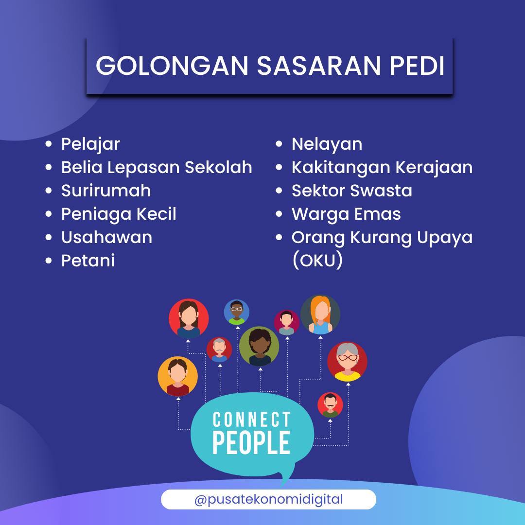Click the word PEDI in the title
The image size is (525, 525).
point(417,65)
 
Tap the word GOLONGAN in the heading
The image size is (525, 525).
point(172,65)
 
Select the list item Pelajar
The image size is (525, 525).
point(90,145)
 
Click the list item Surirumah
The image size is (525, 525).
point(106,191)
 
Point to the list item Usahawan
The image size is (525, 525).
point(106,237)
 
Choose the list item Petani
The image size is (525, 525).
point(87,261)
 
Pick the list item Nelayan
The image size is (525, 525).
point(327,145)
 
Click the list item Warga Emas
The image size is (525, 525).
point(346,214)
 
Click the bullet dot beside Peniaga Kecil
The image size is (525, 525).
point(49,214)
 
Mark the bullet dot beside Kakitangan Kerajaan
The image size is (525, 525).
point(279,167)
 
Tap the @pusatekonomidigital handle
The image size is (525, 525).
point(268,499)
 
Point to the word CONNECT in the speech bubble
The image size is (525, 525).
point(251,420)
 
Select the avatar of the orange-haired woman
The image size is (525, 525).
point(320,315)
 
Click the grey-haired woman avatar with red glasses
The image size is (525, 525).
point(347,362)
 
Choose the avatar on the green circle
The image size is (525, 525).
point(259,346)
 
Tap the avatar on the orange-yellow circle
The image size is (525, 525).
point(178,376)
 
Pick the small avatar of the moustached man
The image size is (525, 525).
point(330,405)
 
